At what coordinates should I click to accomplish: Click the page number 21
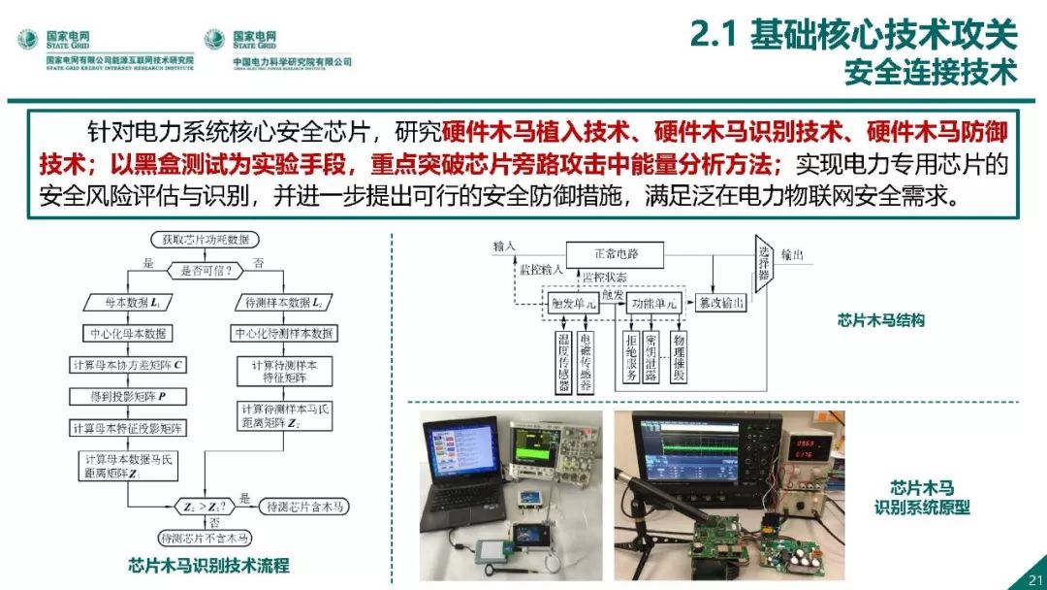pyautogui.click(x=1029, y=579)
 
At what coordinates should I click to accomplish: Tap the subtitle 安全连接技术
pyautogui.click(x=930, y=73)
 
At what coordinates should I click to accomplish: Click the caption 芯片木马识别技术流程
pyautogui.click(x=207, y=566)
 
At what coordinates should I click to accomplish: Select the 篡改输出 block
pyautogui.click(x=722, y=304)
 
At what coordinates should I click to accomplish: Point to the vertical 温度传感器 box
pyautogui.click(x=564, y=360)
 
